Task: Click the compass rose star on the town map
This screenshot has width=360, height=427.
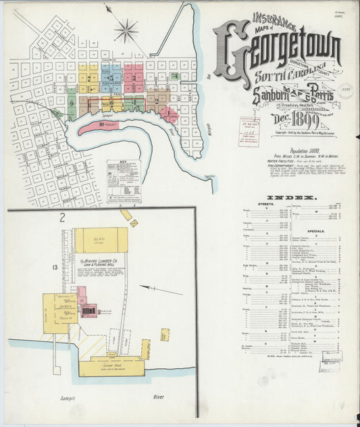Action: (x=126, y=30)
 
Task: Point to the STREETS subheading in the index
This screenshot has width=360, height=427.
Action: (x=265, y=203)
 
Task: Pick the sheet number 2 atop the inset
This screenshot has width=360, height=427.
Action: (x=61, y=217)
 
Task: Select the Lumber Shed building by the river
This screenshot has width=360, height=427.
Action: (x=111, y=366)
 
